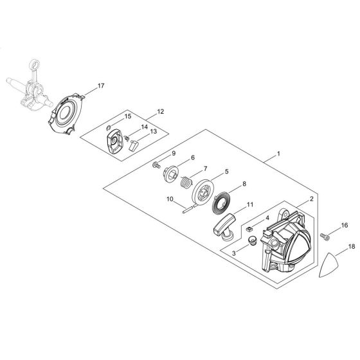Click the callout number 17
pyautogui.click(x=101, y=85)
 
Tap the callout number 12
pyautogui.click(x=161, y=112)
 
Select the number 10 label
pyautogui.click(x=170, y=199)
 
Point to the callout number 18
pyautogui.click(x=352, y=247)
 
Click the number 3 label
pyautogui.click(x=234, y=253)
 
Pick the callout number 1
pyautogui.click(x=279, y=154)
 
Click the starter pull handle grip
pyautogui.click(x=224, y=226)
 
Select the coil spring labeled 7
pyautogui.click(x=186, y=182)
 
